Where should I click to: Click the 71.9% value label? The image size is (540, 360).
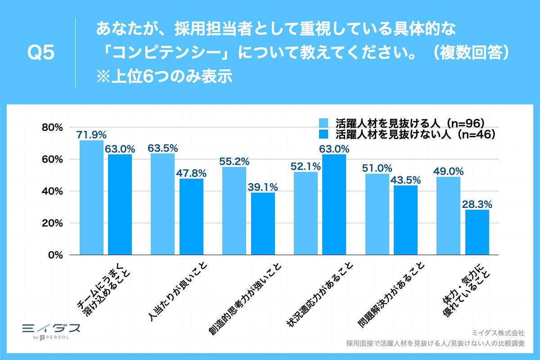[x=91, y=134]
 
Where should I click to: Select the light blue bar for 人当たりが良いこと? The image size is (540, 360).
[x=162, y=204]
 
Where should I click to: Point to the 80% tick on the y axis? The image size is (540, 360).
[x=53, y=128]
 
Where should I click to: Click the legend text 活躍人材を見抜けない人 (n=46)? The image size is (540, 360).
[x=415, y=134]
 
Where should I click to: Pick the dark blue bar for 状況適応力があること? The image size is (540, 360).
[x=334, y=205]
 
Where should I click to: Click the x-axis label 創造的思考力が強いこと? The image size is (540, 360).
[x=245, y=299]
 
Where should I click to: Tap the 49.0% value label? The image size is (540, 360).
[x=448, y=171]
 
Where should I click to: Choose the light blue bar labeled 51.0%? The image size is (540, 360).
[x=377, y=214]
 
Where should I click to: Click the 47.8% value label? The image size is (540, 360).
[x=191, y=173]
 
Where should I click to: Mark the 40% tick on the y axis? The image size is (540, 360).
[x=53, y=191]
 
